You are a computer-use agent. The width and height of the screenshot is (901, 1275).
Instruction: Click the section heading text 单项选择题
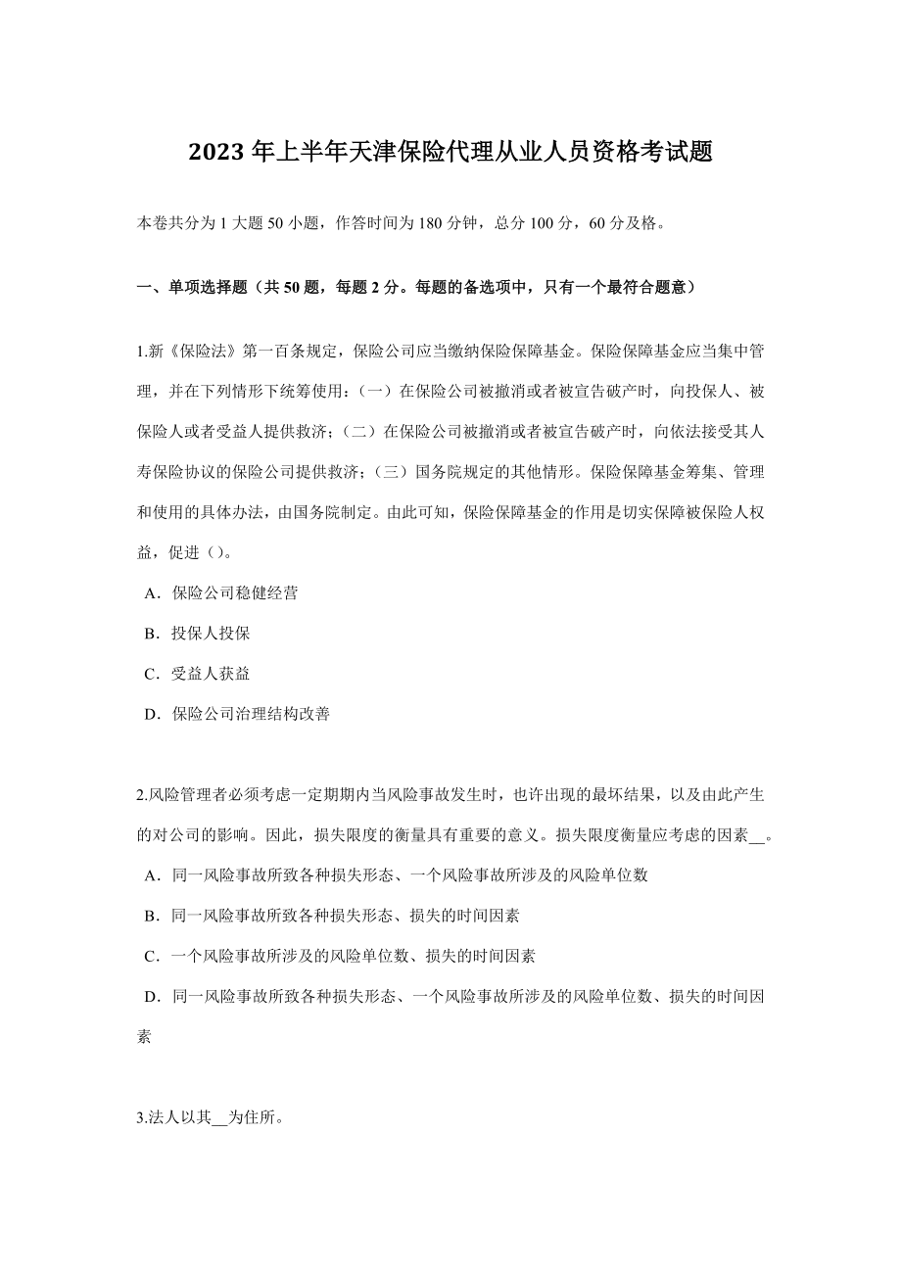[208, 288]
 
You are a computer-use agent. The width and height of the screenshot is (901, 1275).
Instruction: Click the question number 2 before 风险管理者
[140, 794]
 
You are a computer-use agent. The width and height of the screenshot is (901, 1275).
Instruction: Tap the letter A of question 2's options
[151, 875]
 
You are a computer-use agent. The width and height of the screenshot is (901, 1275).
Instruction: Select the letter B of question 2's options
[151, 916]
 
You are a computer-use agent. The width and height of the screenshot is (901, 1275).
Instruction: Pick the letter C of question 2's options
[151, 956]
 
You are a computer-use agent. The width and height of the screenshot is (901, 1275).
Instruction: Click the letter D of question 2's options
[151, 997]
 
